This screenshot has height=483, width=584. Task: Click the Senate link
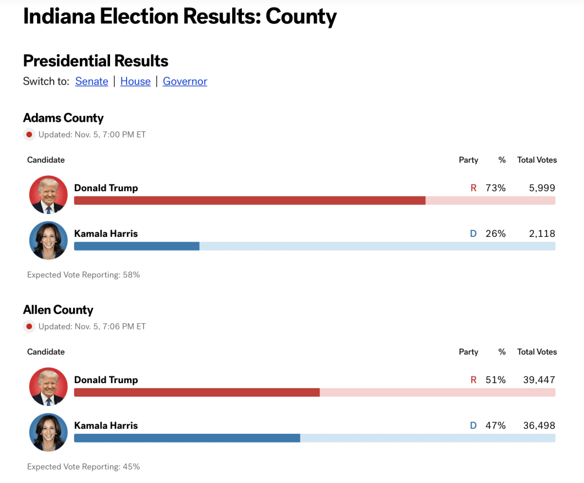click(x=91, y=81)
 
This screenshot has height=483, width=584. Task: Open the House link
click(x=135, y=81)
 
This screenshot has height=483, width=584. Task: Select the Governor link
click(x=185, y=81)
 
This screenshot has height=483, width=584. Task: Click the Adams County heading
click(x=63, y=118)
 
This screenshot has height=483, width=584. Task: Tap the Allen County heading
click(x=58, y=310)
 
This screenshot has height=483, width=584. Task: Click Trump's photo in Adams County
click(x=48, y=195)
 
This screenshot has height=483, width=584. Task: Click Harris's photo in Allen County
click(x=48, y=432)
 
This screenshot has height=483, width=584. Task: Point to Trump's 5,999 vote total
click(x=542, y=188)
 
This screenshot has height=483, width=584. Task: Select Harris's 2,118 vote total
click(x=542, y=234)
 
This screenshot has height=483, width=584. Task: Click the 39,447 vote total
click(x=539, y=380)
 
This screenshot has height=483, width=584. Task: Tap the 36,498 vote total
click(x=539, y=425)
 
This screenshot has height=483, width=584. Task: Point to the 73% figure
click(x=496, y=188)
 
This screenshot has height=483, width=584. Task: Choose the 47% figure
click(x=496, y=425)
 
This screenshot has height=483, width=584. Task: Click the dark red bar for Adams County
click(x=250, y=200)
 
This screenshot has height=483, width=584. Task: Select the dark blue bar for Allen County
click(x=187, y=438)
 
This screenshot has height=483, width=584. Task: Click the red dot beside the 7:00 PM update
click(x=29, y=135)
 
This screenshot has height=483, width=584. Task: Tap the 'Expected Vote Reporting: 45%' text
click(x=83, y=466)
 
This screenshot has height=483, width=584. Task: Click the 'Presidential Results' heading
click(x=96, y=61)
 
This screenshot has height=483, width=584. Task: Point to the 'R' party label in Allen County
click(x=473, y=380)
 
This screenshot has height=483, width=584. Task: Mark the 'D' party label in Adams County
click(x=473, y=234)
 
